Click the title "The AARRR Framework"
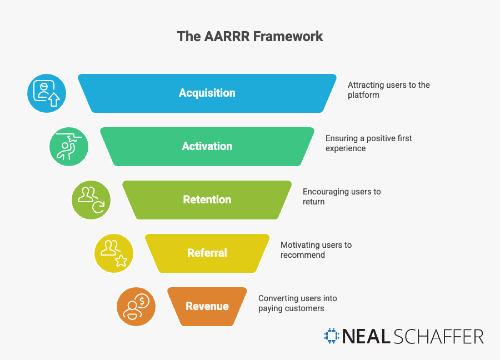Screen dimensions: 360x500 point(250,37)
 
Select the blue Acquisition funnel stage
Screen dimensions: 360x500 point(207,93)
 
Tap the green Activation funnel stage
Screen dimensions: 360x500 point(207,147)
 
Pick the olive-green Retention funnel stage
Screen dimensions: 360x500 point(207,200)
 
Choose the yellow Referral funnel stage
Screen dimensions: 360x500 point(207,253)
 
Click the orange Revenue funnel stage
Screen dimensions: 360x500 point(207,307)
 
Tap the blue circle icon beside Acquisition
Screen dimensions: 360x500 point(47,93)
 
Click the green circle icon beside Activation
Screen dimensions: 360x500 point(69,147)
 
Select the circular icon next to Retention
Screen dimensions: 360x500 point(91,200)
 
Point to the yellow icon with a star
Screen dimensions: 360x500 point(114,253)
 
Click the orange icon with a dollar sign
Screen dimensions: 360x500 point(136,307)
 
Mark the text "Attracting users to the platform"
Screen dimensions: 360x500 point(388,90)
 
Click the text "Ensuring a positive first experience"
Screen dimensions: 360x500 point(368,143)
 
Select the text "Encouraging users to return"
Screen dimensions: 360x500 point(342,197)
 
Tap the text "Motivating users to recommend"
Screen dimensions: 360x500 point(316,250)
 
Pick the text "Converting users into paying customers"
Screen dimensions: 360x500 point(297,303)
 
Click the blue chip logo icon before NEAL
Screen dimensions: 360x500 point(332,336)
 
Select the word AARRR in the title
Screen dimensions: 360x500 point(227,37)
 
